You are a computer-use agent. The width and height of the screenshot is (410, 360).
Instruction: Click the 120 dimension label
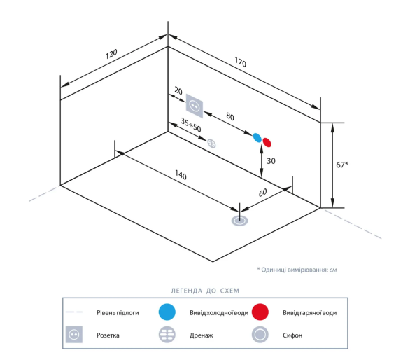(x=111, y=54)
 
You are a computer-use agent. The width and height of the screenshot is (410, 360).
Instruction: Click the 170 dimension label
(x=240, y=62)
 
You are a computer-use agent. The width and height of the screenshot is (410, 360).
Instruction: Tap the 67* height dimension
(x=342, y=165)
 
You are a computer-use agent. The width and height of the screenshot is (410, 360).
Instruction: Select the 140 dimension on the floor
(x=181, y=175)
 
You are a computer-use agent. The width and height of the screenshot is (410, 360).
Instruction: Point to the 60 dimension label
(x=263, y=193)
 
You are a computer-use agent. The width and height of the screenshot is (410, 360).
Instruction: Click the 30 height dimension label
(x=271, y=161)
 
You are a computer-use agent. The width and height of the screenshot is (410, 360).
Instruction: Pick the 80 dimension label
(x=230, y=116)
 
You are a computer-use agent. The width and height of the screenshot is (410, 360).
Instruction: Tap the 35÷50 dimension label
(x=191, y=125)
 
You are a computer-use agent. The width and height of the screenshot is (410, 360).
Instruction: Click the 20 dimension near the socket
(x=178, y=91)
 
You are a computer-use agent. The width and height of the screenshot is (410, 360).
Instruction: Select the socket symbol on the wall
(x=195, y=106)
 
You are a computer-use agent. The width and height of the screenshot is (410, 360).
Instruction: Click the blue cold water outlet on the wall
(x=257, y=138)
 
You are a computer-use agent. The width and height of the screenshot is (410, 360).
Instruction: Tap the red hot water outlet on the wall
(x=267, y=142)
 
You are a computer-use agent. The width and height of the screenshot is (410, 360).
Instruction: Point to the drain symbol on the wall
(x=211, y=144)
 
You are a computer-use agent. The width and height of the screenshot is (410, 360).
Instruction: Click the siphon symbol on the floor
(x=239, y=221)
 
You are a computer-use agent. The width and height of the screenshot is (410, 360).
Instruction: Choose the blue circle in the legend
(x=167, y=312)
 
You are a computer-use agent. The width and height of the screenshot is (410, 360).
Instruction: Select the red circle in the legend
(x=260, y=312)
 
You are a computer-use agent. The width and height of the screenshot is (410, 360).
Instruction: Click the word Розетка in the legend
(x=108, y=335)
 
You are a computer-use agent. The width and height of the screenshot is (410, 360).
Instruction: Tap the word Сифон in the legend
(x=292, y=335)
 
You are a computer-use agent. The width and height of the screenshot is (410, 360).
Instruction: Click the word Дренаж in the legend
(x=201, y=335)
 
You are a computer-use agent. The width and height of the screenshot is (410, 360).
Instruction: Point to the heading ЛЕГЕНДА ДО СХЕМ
(x=205, y=291)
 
